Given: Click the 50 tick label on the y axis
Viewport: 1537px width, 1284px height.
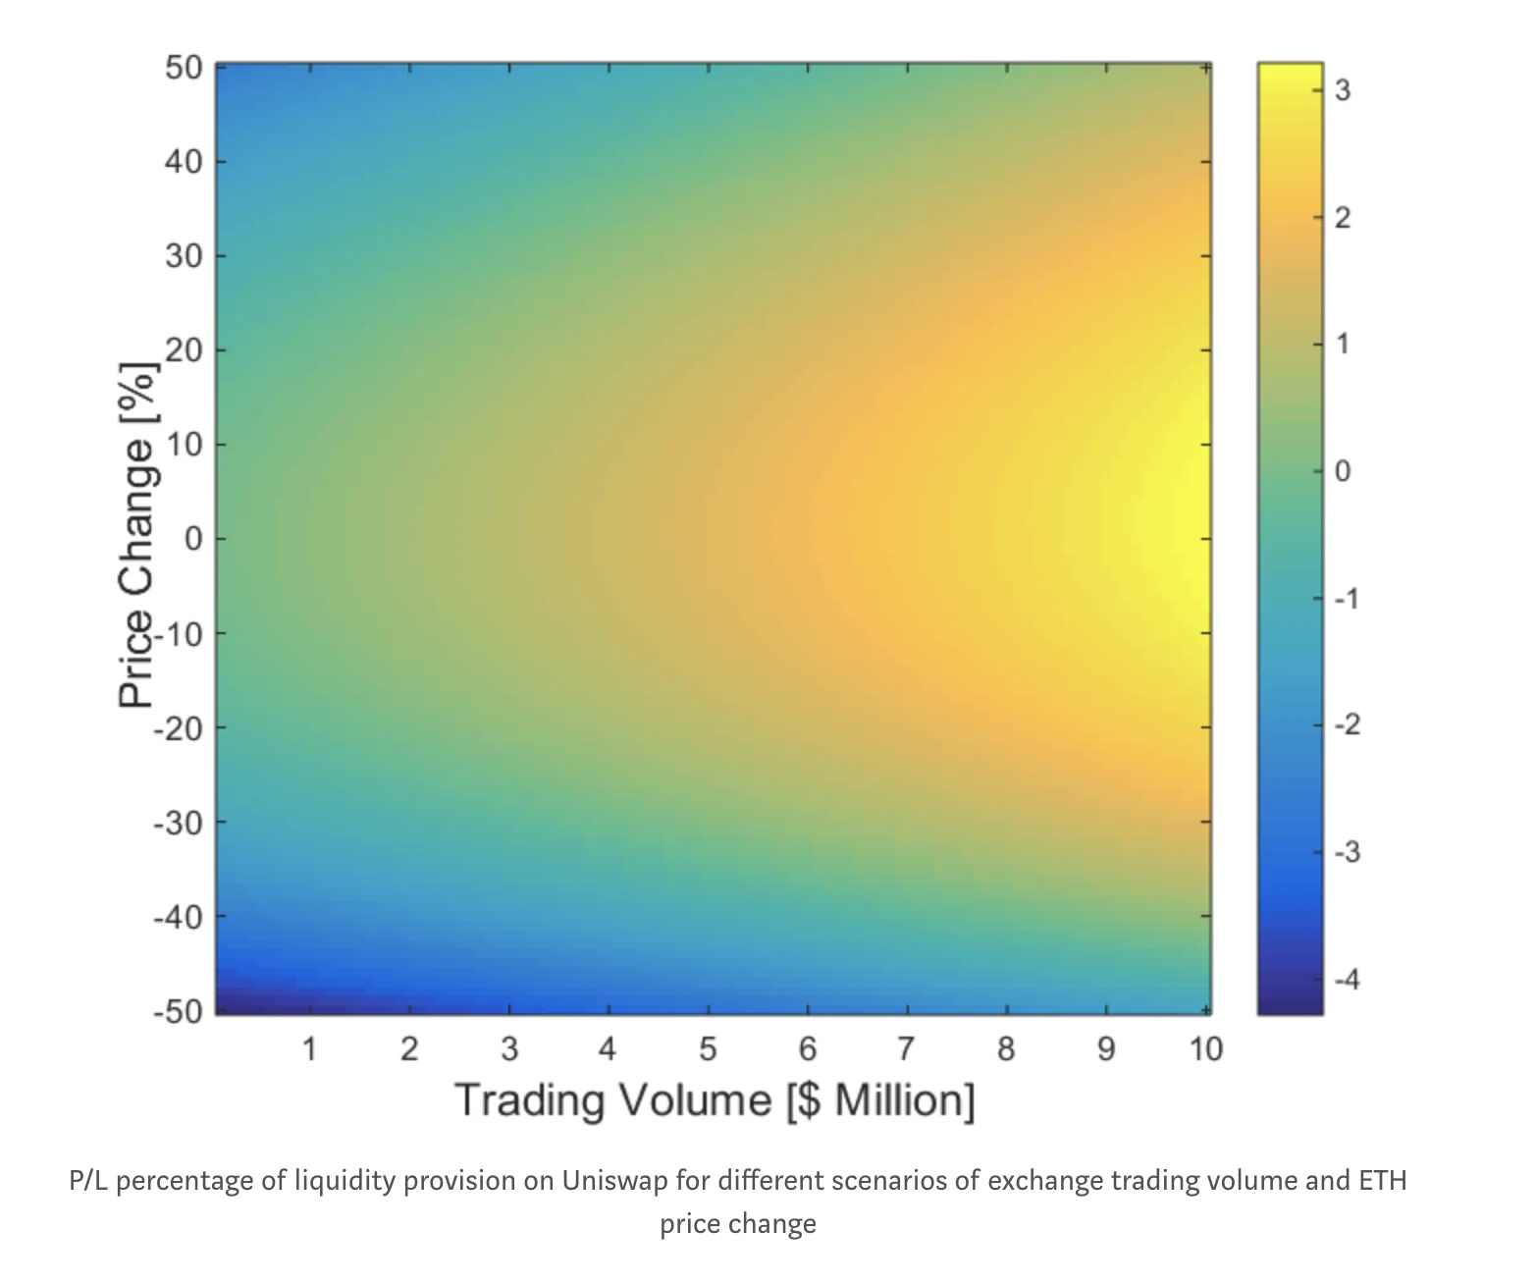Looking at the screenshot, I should coord(184,68).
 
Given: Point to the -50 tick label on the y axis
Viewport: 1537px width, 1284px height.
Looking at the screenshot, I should coord(177,1011).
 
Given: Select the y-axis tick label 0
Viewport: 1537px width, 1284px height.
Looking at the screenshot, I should coord(192,539).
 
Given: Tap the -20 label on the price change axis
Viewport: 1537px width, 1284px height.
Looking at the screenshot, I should coord(177,728).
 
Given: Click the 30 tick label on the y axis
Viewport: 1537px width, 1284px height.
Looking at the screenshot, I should coord(184,256).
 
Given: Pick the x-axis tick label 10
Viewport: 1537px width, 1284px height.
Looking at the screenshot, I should coord(1206,1049).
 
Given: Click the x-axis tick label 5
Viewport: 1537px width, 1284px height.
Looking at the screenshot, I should coord(708,1049).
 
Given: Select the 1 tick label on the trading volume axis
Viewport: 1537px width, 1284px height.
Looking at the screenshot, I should coord(309,1049).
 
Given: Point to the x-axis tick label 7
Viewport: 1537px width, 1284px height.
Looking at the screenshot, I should coord(907,1049).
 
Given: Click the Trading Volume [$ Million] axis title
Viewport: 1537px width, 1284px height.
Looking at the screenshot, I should coord(715,1099).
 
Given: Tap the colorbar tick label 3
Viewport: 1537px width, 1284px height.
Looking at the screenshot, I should coord(1343,90).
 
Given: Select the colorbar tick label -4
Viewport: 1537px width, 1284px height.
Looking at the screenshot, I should coord(1347,979).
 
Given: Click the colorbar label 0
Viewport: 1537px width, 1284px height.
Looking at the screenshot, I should coord(1343,471).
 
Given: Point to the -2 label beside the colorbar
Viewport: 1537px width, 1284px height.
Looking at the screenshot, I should coord(1347,725).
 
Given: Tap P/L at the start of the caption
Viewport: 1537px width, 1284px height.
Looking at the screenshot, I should coord(88,1179).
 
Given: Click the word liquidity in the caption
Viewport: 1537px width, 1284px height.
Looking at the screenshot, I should coord(340,1179).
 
